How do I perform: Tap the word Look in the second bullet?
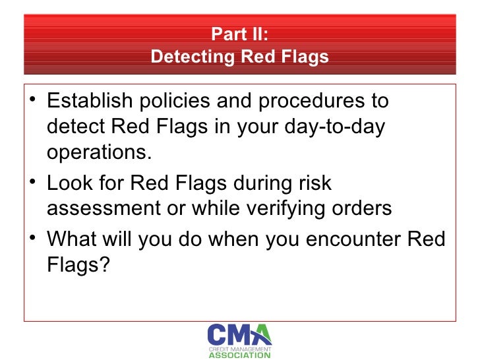coord(69,183)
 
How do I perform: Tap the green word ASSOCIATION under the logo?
coord(239,355)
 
